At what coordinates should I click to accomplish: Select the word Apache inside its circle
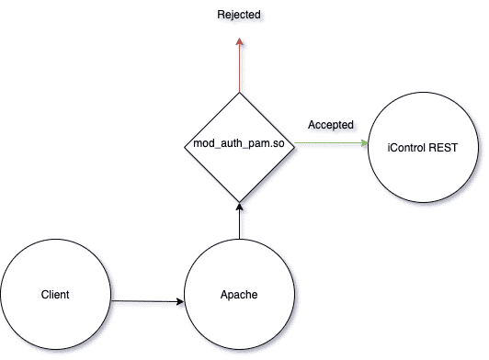[238, 296]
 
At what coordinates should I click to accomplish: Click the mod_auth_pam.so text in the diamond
[239, 146]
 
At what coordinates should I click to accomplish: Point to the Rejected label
[238, 16]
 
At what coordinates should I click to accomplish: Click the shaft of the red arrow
[239, 69]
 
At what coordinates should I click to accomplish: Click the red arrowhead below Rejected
[239, 42]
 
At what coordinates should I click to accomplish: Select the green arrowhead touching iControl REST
[363, 146]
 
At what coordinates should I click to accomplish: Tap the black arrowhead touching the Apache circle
[179, 300]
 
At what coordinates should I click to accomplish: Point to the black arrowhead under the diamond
[239, 207]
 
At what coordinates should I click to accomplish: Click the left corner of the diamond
[185, 146]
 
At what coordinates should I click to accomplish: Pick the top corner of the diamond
[239, 92]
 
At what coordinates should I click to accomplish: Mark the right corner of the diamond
[293, 146]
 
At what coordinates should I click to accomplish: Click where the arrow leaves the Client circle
[110, 298]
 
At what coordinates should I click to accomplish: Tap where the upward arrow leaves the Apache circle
[239, 241]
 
